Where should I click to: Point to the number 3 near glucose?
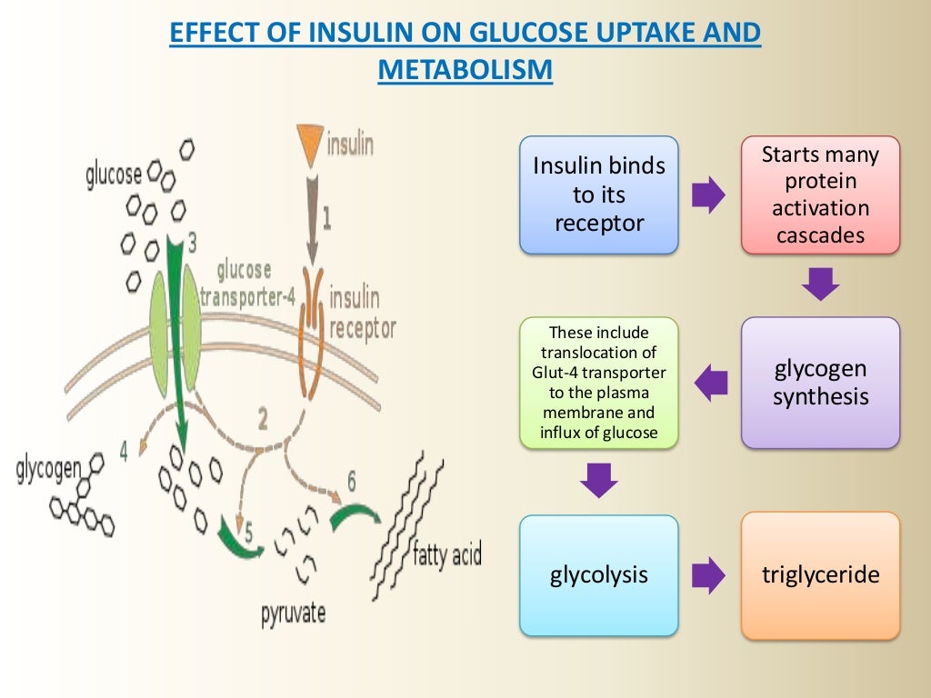click(x=193, y=243)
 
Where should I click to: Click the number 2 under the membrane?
click(x=263, y=419)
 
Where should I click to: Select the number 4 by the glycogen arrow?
click(x=123, y=448)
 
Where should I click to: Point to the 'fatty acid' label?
click(x=446, y=553)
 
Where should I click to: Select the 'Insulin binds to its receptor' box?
click(x=598, y=194)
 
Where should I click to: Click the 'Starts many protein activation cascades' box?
click(x=820, y=194)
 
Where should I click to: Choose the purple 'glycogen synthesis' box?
click(x=820, y=383)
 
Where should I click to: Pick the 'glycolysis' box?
click(x=598, y=575)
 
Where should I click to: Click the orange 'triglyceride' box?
click(x=820, y=575)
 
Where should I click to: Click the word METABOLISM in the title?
click(x=465, y=70)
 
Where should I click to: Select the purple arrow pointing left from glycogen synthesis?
click(x=711, y=383)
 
